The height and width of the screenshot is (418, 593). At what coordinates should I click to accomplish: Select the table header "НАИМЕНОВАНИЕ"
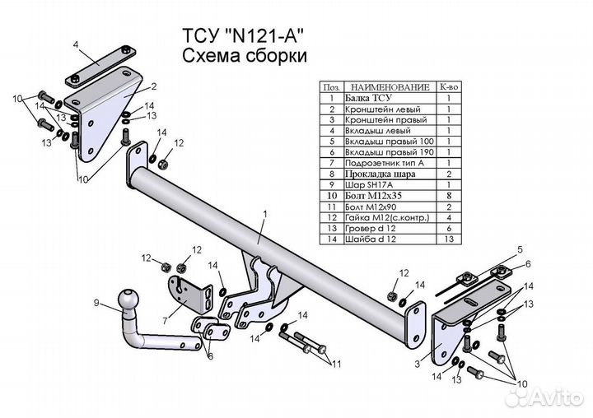390,86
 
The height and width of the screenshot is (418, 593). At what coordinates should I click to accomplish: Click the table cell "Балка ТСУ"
378,98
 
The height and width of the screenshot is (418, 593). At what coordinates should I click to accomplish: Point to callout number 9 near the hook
96,304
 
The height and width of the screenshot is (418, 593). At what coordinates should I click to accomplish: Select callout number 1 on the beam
265,215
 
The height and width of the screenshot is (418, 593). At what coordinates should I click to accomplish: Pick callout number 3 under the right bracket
419,363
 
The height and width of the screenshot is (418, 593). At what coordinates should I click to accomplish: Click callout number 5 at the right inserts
520,248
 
